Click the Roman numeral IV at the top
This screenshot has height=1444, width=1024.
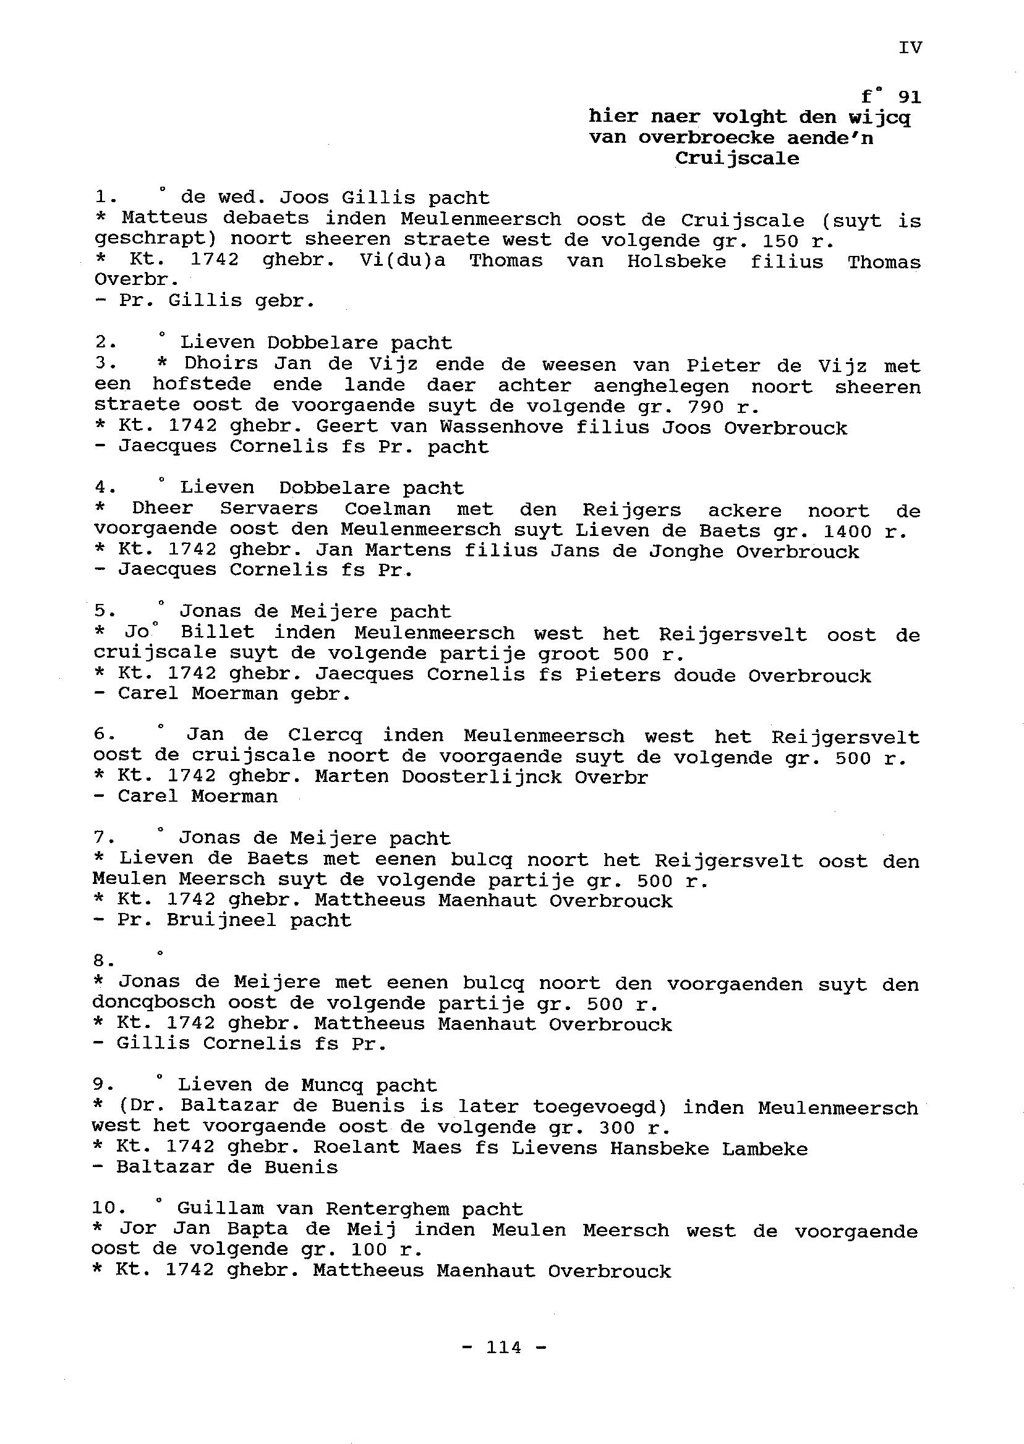910,48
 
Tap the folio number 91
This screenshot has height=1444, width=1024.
908,98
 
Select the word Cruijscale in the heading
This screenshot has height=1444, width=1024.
736,158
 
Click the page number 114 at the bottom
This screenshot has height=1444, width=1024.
504,1346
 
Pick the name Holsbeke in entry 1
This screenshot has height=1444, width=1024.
676,261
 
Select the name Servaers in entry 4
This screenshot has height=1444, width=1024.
269,509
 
